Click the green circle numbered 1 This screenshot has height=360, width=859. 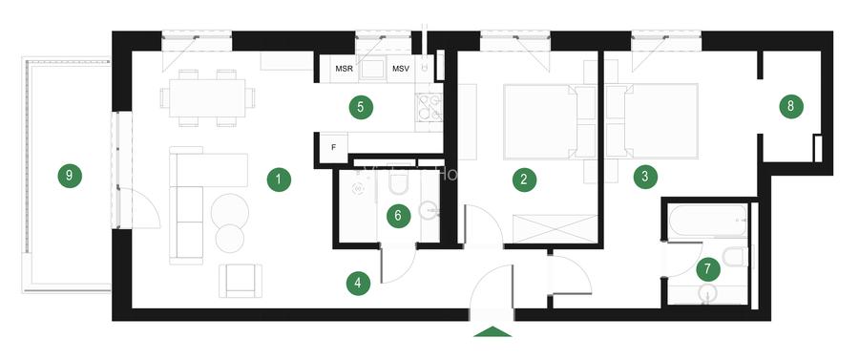click(278, 179)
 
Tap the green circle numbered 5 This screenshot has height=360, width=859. click(360, 106)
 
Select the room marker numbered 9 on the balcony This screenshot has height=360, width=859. click(68, 175)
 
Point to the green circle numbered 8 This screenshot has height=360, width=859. click(790, 106)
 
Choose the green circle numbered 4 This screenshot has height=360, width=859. click(358, 283)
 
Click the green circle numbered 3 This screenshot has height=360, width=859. click(645, 176)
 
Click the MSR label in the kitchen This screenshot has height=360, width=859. click(344, 69)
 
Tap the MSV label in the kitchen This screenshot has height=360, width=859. click(401, 69)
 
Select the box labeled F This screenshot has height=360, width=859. click(332, 147)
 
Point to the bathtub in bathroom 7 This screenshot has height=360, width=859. click(707, 222)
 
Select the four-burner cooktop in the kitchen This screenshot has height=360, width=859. click(429, 109)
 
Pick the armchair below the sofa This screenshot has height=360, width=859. click(239, 279)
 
